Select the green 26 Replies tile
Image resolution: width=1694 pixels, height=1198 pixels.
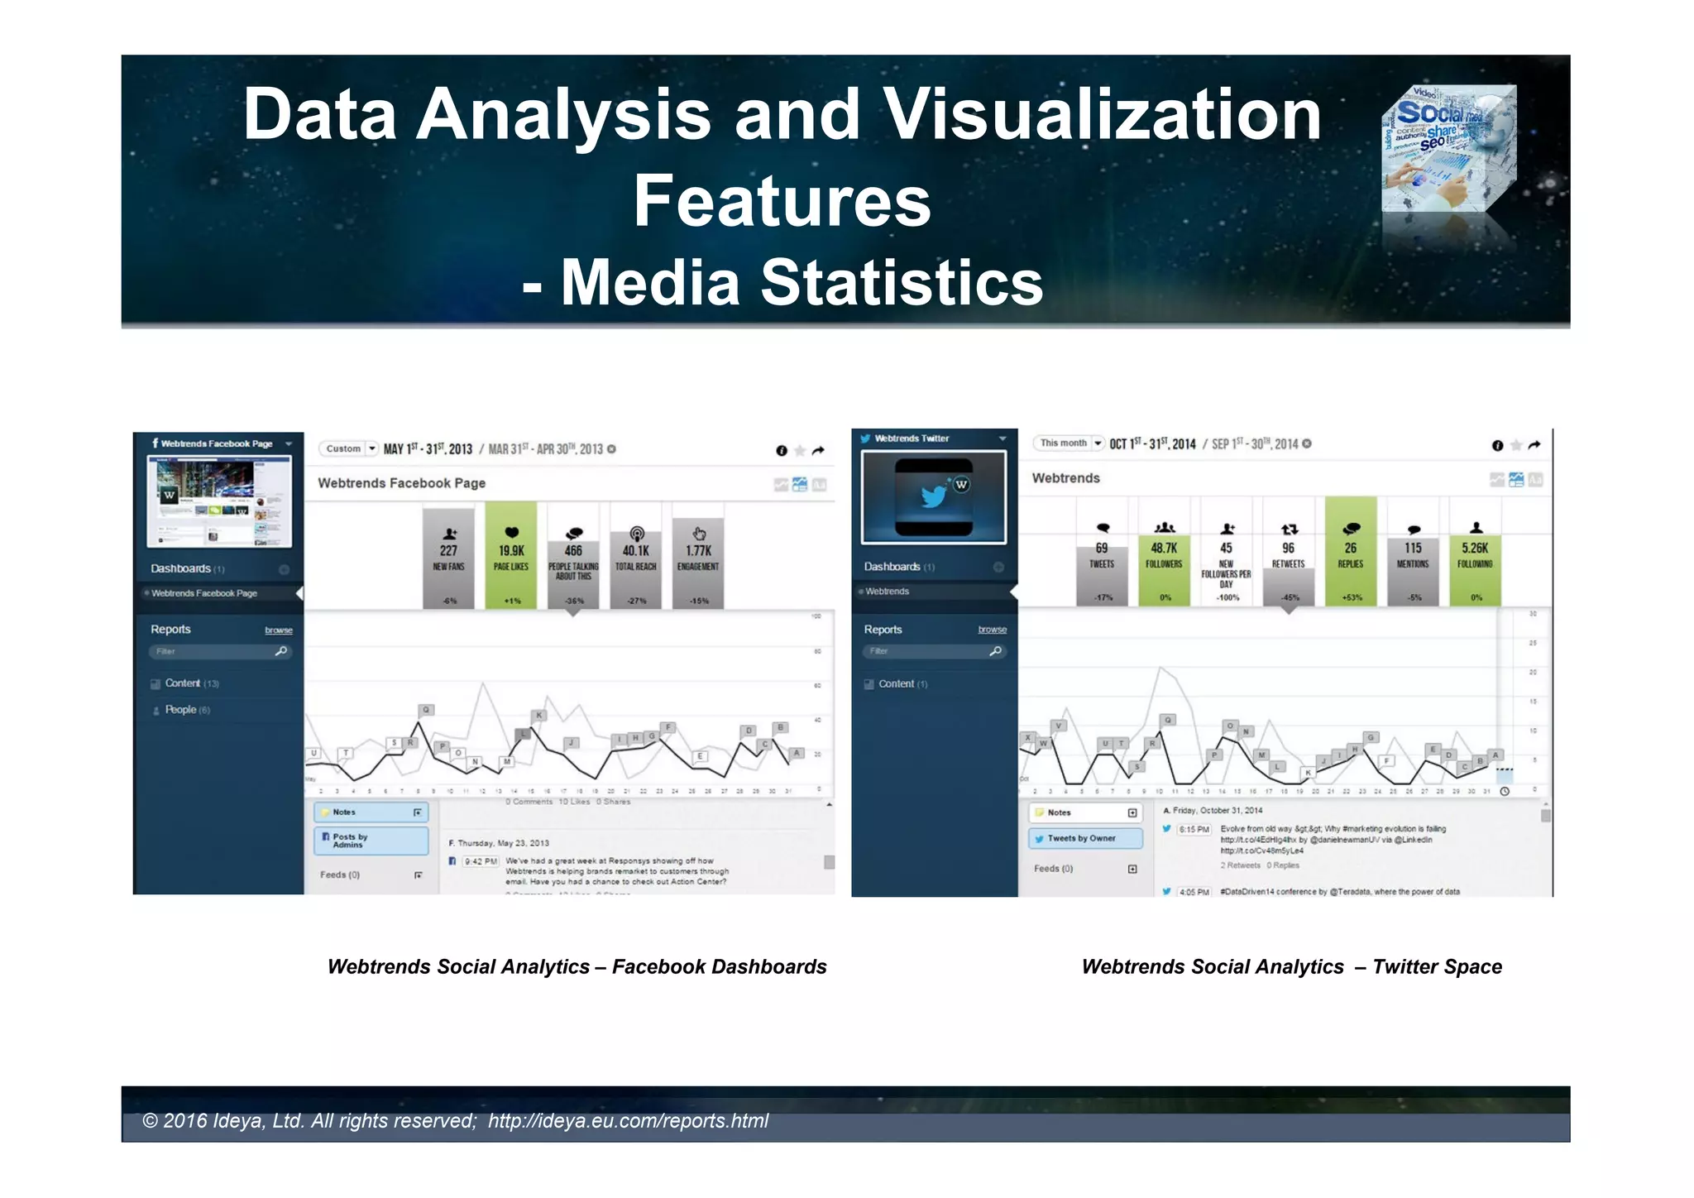pyautogui.click(x=1351, y=553)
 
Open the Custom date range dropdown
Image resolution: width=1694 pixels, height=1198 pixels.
pyautogui.click(x=349, y=448)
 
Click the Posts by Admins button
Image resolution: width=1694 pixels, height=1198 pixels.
pyautogui.click(x=371, y=841)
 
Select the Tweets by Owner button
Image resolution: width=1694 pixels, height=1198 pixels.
pyautogui.click(x=1085, y=838)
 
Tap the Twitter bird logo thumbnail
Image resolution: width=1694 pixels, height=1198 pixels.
pyautogui.click(x=934, y=496)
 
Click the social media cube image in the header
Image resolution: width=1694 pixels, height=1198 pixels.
pyautogui.click(x=1448, y=149)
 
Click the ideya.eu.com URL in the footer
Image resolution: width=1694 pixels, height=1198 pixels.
pyautogui.click(x=628, y=1121)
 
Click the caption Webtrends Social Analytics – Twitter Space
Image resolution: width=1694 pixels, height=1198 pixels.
pyautogui.click(x=1291, y=966)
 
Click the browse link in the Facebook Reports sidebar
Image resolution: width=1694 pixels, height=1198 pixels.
pyautogui.click(x=278, y=630)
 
